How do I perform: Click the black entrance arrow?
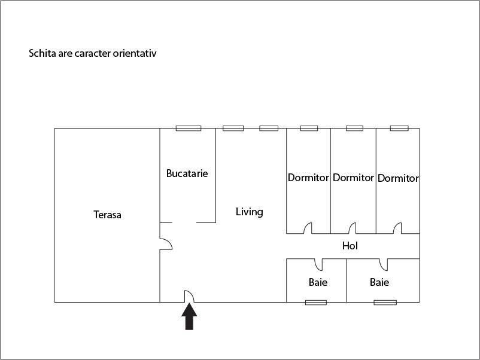[x=189, y=316]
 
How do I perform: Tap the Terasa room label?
[x=107, y=215]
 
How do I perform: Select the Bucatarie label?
[x=187, y=173]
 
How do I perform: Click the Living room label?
[x=249, y=212]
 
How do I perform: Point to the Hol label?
[x=350, y=246]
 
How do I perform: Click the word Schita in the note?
[x=42, y=53]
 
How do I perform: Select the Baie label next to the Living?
[x=318, y=282]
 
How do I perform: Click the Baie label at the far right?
[x=379, y=282]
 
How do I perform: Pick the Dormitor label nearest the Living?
[x=308, y=178]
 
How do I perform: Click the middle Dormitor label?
[x=353, y=178]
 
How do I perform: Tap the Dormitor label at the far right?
[x=398, y=178]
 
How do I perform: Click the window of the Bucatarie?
[x=189, y=128]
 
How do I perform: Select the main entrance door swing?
[x=189, y=296]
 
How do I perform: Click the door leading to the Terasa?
[x=166, y=244]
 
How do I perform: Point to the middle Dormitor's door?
[x=352, y=228]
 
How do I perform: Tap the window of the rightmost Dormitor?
[x=399, y=128]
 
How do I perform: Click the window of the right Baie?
[x=385, y=303]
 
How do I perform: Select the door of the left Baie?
[x=318, y=265]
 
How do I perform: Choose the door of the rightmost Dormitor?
[x=397, y=228]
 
